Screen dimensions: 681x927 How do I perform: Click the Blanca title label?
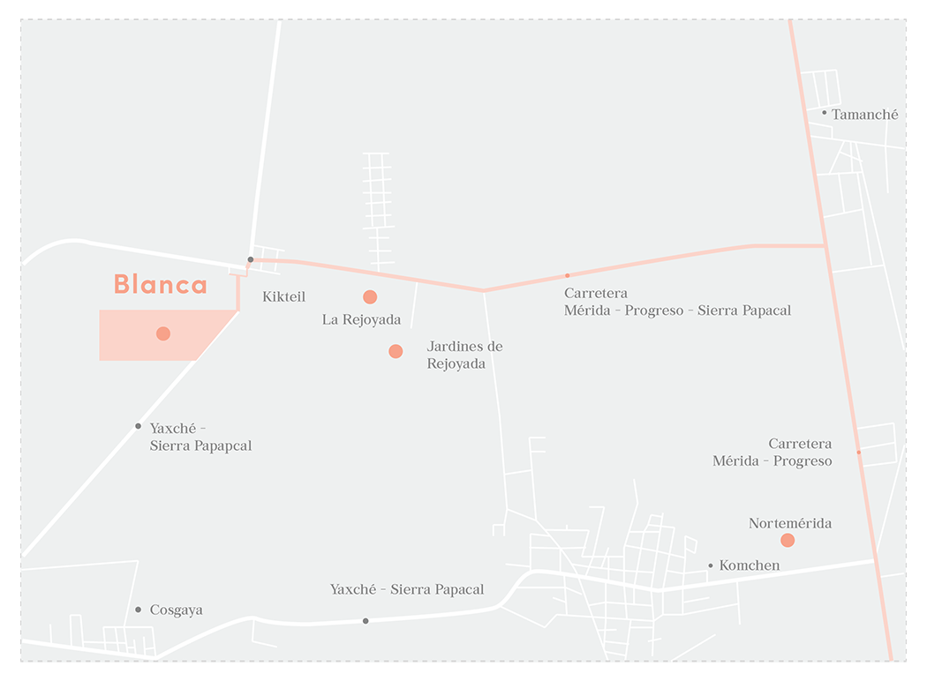(160, 284)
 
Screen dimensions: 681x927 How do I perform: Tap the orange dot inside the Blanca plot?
(163, 333)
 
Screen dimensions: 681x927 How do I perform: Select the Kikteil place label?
(283, 297)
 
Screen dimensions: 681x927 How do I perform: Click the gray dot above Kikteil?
(251, 259)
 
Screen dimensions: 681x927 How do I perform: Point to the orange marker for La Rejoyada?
(370, 297)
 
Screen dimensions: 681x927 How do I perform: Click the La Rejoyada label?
(361, 320)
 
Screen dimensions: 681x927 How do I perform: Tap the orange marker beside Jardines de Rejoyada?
(396, 351)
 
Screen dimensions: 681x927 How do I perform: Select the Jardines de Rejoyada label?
(464, 355)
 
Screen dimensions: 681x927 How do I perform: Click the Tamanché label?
(864, 115)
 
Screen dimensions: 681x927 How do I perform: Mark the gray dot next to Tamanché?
(825, 113)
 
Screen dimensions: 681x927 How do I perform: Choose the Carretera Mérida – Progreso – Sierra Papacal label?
(677, 302)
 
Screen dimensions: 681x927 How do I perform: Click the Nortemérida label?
(790, 524)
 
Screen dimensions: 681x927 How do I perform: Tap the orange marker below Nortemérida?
(788, 540)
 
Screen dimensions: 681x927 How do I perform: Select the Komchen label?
(750, 565)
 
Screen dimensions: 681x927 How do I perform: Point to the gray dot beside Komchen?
(711, 565)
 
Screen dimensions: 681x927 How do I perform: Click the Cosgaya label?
(176, 610)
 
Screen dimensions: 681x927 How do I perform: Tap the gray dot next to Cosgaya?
(139, 610)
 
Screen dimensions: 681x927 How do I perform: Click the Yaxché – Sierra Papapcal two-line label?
(200, 437)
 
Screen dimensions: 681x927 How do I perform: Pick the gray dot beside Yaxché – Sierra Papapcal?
(138, 426)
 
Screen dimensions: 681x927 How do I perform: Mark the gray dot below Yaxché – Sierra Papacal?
(366, 621)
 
